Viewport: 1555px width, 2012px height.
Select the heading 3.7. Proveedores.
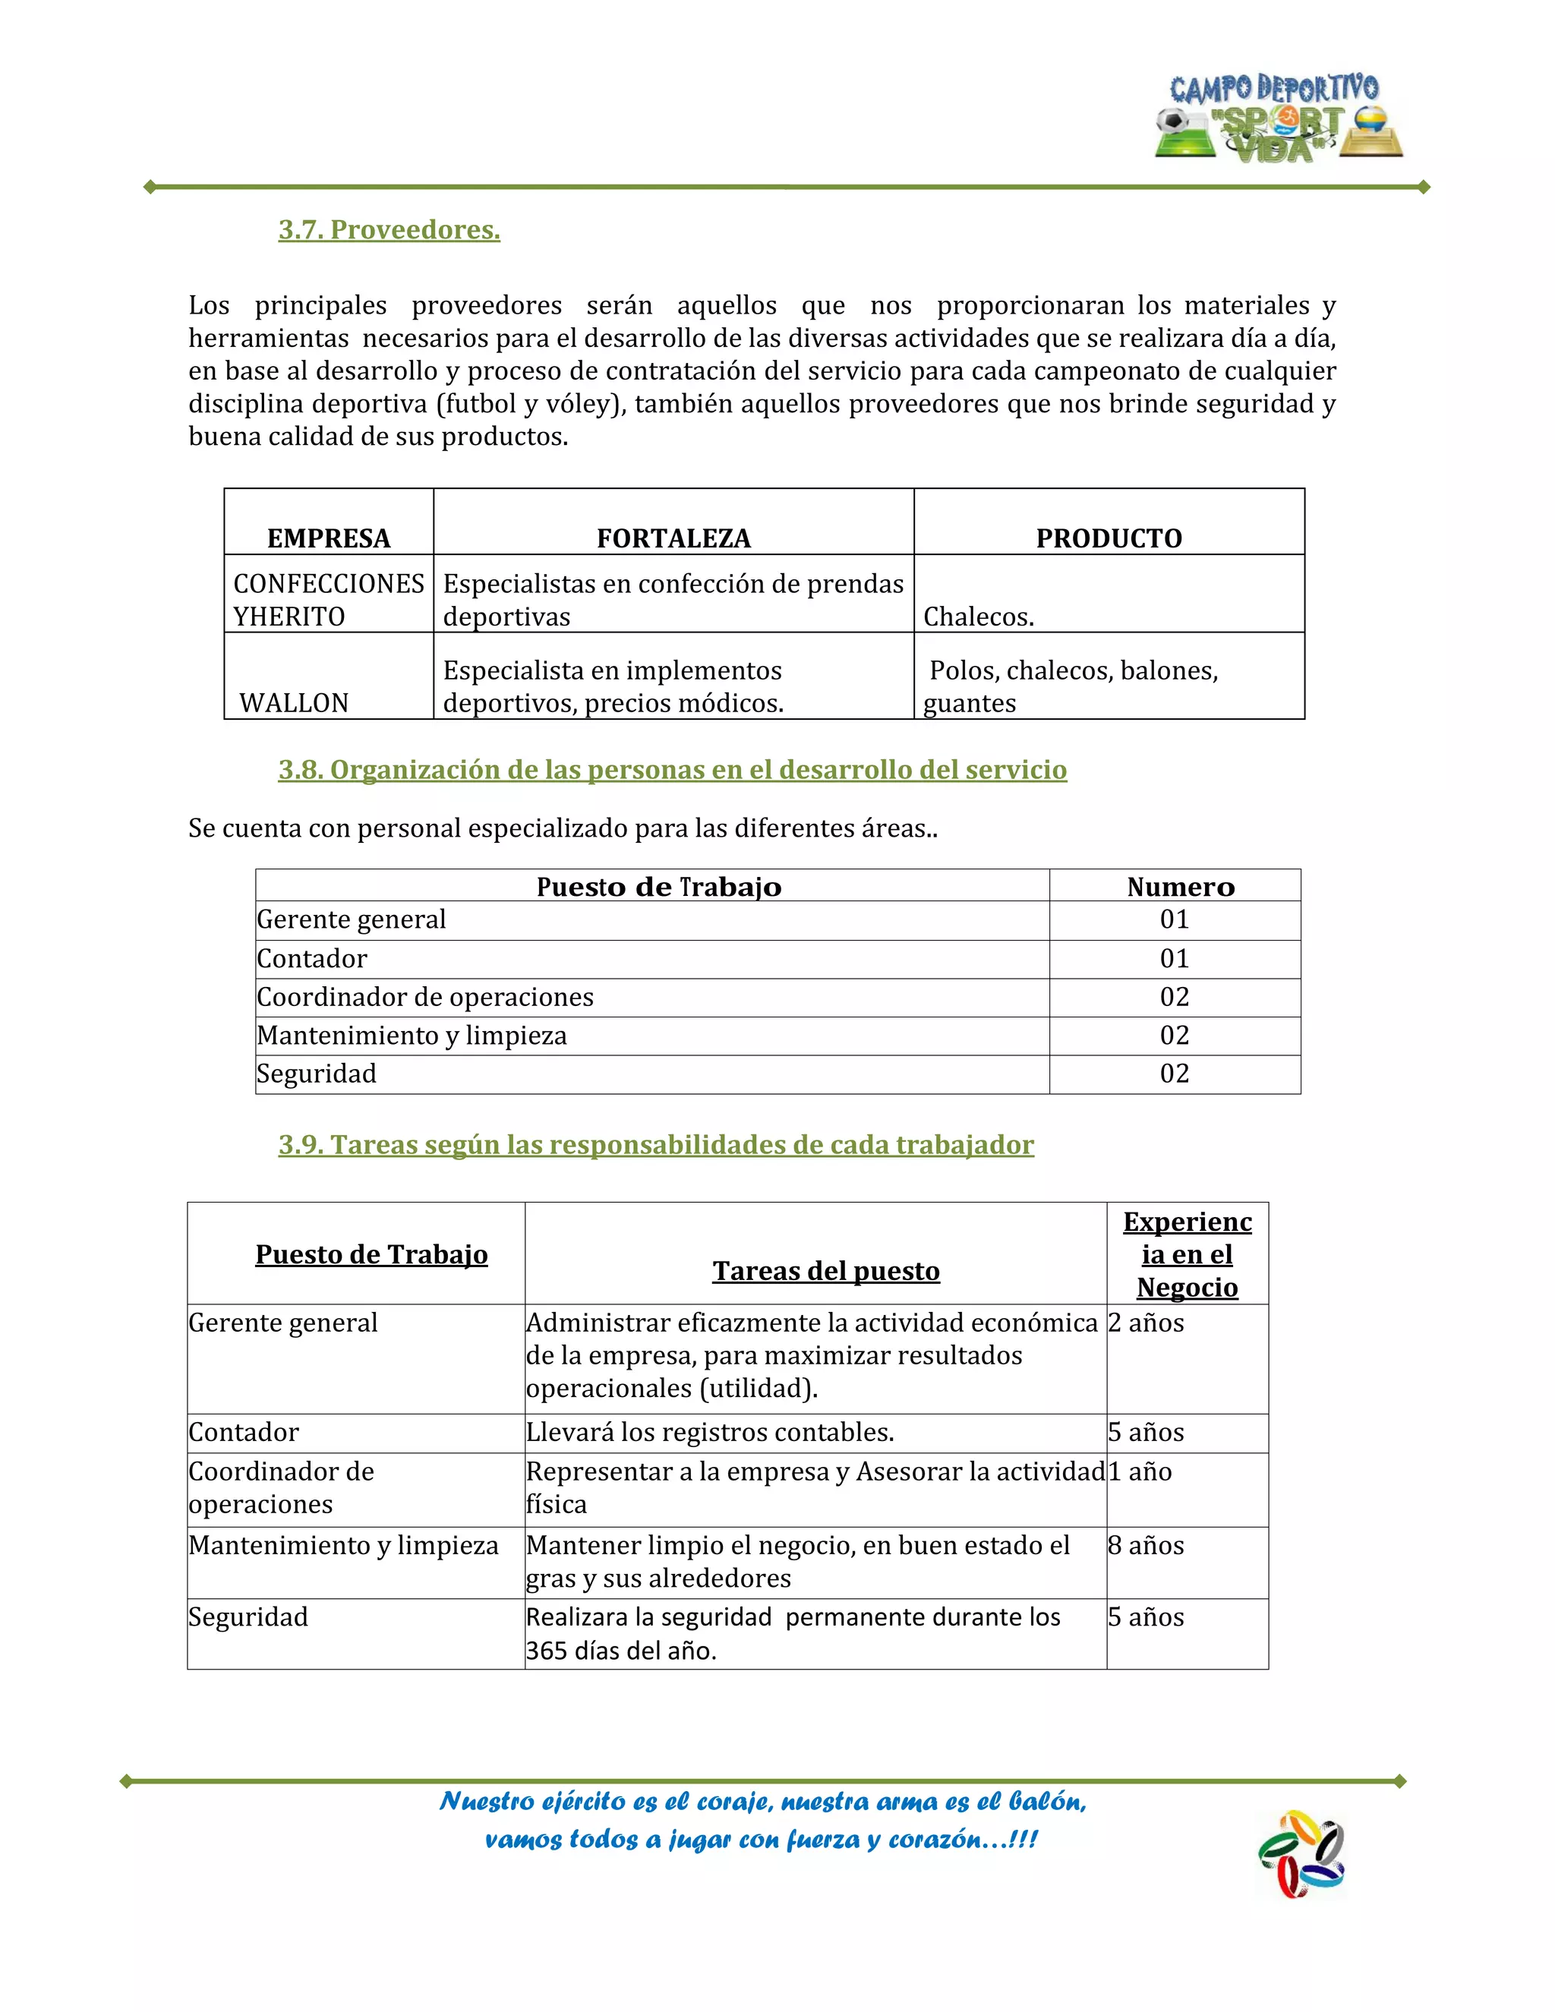click(x=389, y=229)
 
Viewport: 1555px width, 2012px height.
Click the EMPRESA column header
click(x=329, y=538)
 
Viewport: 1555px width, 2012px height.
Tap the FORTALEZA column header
click(x=673, y=538)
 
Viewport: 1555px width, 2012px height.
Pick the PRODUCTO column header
click(x=1109, y=538)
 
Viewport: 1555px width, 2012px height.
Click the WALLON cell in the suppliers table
click(x=294, y=703)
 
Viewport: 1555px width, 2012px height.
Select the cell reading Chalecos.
click(x=978, y=617)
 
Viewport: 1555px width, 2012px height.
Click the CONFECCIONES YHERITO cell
click(x=328, y=600)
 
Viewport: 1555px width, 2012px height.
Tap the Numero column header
click(x=1180, y=887)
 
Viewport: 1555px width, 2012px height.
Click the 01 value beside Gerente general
click(x=1175, y=919)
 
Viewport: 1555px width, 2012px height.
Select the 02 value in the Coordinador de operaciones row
click(x=1175, y=997)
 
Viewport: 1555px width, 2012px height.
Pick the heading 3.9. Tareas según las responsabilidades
click(x=656, y=1145)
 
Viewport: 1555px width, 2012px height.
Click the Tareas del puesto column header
click(x=825, y=1271)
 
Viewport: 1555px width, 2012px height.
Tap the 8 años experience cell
click(x=1146, y=1546)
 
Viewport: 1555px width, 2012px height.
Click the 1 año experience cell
click(x=1140, y=1472)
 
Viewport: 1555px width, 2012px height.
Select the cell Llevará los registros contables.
click(x=709, y=1433)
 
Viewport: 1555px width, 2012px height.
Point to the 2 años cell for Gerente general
click(x=1146, y=1323)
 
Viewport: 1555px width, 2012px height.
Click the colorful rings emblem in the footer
click(x=1301, y=1853)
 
